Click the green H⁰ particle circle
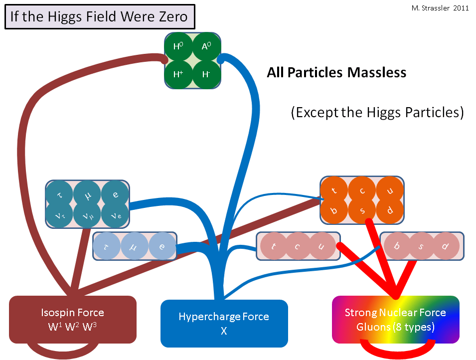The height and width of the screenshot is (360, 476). coord(178,47)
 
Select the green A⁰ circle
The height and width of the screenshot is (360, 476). coord(206,47)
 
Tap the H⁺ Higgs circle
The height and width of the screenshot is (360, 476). coord(178,75)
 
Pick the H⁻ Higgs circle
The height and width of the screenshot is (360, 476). coord(206,75)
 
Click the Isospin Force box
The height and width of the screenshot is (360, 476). coord(73,320)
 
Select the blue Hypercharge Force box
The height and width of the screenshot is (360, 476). coord(224,323)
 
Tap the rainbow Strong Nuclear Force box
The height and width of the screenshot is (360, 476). coord(395,320)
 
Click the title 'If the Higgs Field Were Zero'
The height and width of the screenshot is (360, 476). coord(99,17)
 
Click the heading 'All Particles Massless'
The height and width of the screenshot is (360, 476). coord(336,73)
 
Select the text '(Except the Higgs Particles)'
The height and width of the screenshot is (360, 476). coord(377,112)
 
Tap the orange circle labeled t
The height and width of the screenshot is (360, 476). coord(334,190)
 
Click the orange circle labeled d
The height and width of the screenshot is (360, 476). coord(390,211)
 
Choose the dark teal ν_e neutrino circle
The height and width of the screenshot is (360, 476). coord(115,216)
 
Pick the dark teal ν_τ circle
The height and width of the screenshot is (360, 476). coord(60,216)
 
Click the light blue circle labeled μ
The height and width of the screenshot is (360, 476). coord(135,246)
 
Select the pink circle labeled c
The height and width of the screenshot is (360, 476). coord(298,246)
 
